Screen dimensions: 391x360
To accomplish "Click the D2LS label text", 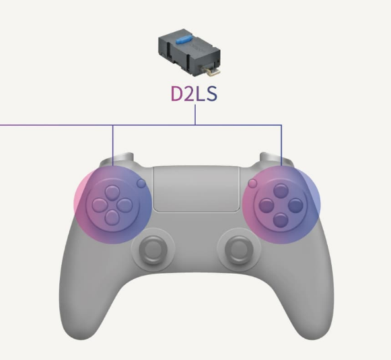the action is tap(194, 94).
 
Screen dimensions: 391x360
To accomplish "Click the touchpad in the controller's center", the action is tap(197, 189).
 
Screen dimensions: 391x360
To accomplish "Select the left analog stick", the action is tap(153, 250).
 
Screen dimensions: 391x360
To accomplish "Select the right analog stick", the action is tap(239, 250).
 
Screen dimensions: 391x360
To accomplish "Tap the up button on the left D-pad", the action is tap(112, 192).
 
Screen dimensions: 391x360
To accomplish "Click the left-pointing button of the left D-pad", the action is tap(100, 205).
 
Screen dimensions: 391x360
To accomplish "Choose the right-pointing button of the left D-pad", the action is tap(125, 205).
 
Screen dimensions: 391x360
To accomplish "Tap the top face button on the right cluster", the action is tap(281, 190).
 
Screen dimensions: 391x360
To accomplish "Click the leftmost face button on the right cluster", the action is tap(266, 206).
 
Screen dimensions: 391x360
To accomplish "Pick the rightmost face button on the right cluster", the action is tap(295, 206).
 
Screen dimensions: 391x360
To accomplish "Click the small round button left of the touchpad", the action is tap(141, 183).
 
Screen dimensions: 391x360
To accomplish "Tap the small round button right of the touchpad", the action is tap(252, 183).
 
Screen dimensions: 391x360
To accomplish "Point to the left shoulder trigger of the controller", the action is tap(118, 159).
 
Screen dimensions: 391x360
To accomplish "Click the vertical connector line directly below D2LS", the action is tap(195, 114).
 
